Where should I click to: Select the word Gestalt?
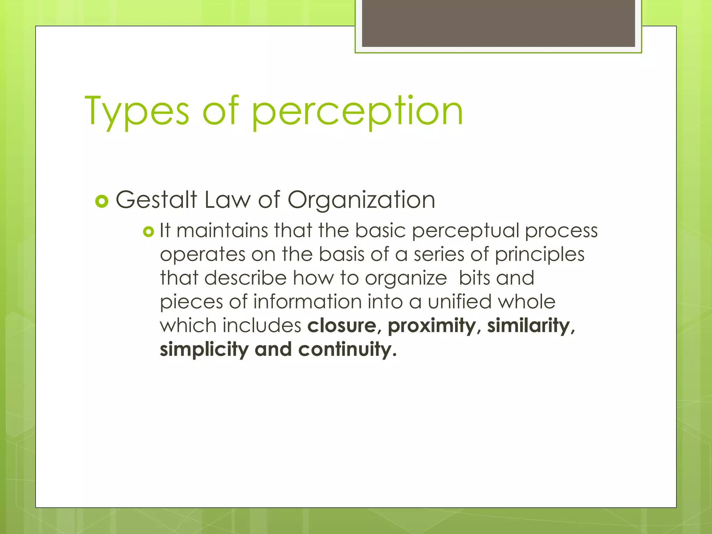tap(156, 200)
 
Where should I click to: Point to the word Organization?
tap(361, 200)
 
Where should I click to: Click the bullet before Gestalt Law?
tap(102, 201)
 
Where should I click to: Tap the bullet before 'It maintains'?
tap(148, 232)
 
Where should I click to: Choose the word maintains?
tap(222, 230)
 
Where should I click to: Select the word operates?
tap(203, 255)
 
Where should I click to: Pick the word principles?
tap(540, 255)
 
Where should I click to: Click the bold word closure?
tap(342, 326)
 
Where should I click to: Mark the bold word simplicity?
tap(204, 350)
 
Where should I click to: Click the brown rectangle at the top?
tap(498, 23)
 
